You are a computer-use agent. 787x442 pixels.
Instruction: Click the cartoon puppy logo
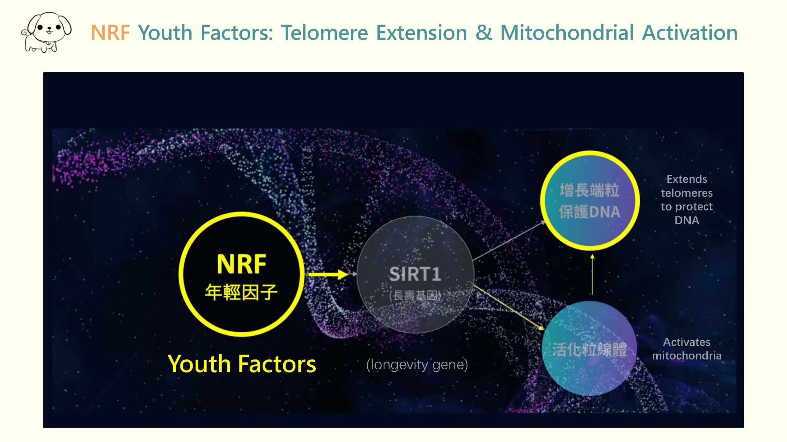(x=46, y=32)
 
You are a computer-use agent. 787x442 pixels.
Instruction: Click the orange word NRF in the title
(x=110, y=33)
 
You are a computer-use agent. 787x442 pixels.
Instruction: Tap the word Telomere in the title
(x=325, y=33)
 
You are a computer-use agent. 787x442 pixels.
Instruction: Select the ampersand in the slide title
(x=484, y=33)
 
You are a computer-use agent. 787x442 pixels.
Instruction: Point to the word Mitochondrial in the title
(x=567, y=33)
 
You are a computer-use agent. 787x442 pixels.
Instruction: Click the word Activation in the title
(x=690, y=33)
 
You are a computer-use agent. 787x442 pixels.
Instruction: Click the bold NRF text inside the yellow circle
(x=241, y=264)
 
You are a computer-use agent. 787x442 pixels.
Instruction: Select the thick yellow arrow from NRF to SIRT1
(x=328, y=274)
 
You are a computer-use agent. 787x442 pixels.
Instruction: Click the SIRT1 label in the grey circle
(x=415, y=274)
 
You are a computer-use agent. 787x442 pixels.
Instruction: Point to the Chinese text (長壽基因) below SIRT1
(x=415, y=296)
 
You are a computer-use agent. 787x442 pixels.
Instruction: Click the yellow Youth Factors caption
(x=242, y=364)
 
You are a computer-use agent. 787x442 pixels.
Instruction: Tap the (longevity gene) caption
(x=417, y=365)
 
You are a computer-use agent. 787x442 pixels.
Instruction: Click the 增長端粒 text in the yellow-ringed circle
(x=589, y=190)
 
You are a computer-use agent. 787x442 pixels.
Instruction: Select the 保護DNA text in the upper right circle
(x=589, y=212)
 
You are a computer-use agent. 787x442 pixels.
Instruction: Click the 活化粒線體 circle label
(x=589, y=349)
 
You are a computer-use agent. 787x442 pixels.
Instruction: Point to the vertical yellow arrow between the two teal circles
(x=592, y=275)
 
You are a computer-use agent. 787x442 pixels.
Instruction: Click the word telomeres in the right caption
(x=687, y=193)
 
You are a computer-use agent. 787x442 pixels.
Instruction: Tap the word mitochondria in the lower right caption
(x=687, y=356)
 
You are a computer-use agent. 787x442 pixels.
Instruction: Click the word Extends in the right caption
(x=687, y=179)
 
